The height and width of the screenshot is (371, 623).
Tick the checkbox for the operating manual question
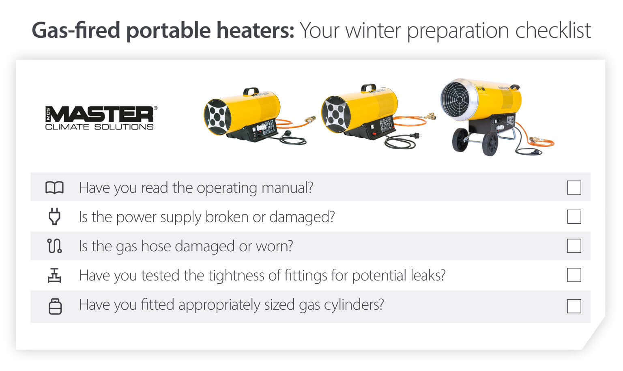(574, 188)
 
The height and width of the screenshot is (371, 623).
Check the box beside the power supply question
(574, 217)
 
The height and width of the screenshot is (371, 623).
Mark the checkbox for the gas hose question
(574, 246)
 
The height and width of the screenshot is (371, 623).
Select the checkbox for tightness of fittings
(574, 275)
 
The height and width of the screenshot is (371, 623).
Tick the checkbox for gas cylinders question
(574, 306)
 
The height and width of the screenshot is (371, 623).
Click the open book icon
(54, 188)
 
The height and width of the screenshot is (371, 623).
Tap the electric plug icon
(54, 217)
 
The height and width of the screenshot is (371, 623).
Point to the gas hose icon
(54, 246)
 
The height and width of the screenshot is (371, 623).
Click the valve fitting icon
(54, 275)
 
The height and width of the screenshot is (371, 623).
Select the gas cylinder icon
(55, 306)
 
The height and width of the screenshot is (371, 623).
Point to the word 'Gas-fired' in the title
(76, 30)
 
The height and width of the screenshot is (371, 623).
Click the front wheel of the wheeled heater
(490, 144)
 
